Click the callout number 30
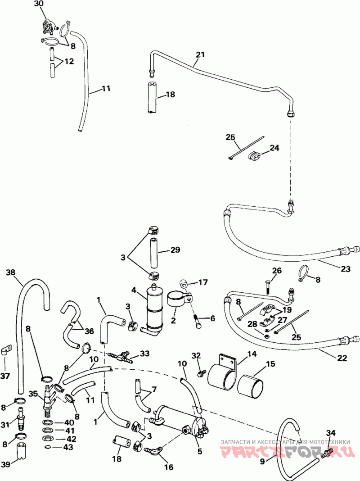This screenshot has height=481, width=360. point(39,4)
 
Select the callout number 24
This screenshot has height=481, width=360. point(274,148)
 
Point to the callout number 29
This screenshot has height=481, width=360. point(175,250)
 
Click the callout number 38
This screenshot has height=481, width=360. point(11,272)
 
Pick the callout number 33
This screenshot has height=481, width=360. point(144,354)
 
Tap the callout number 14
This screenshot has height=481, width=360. point(252,354)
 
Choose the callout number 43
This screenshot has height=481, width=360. point(68,448)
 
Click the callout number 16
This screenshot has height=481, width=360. point(168,467)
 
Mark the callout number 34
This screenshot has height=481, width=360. point(331,433)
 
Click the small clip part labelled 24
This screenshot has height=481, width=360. point(254,155)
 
